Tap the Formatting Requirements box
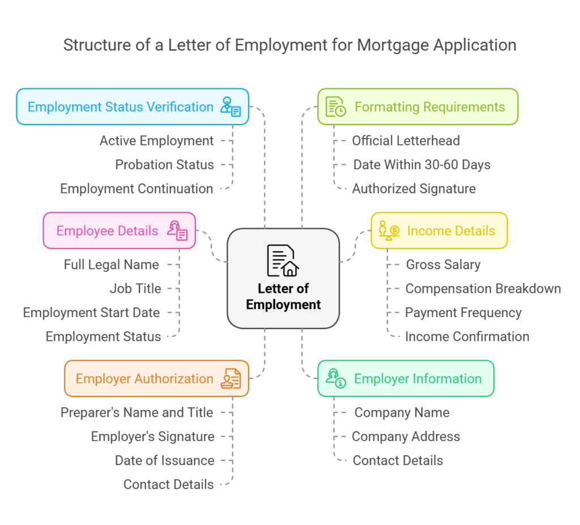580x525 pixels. click(x=417, y=106)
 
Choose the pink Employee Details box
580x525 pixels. click(x=119, y=231)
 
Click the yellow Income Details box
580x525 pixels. click(x=439, y=231)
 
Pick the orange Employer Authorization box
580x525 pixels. click(x=156, y=378)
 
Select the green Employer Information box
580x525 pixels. click(x=406, y=378)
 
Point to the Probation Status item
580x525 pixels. click(x=164, y=165)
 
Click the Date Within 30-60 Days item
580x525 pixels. click(x=421, y=165)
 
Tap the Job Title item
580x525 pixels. click(x=135, y=289)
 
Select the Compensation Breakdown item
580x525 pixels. click(x=483, y=289)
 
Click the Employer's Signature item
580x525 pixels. click(x=152, y=437)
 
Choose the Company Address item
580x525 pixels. click(x=406, y=437)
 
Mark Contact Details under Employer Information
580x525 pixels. click(x=398, y=460)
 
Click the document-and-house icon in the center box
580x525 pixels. click(x=283, y=260)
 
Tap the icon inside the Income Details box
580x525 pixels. click(x=389, y=231)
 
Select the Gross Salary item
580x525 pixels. click(x=443, y=264)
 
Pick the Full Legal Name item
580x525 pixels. click(x=111, y=264)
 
